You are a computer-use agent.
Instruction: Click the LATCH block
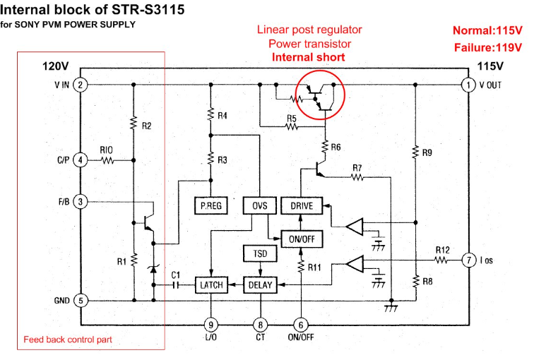pyautogui.click(x=211, y=285)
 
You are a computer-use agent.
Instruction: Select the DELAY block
pyautogui.click(x=261, y=285)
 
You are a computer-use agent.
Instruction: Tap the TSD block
pyautogui.click(x=261, y=253)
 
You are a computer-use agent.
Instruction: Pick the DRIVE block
pyautogui.click(x=302, y=205)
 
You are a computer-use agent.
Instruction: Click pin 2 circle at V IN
pyautogui.click(x=81, y=85)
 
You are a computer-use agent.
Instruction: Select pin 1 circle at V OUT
pyautogui.click(x=468, y=85)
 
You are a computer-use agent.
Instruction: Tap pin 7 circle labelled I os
pyautogui.click(x=468, y=259)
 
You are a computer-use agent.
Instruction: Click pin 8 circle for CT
pyautogui.click(x=261, y=325)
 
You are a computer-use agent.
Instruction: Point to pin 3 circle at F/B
pyautogui.click(x=81, y=202)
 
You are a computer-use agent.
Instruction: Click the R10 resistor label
pyautogui.click(x=107, y=150)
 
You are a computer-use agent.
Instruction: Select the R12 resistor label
pyautogui.click(x=442, y=250)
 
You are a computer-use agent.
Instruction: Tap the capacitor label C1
pyautogui.click(x=177, y=274)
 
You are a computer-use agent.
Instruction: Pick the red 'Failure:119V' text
pyautogui.click(x=487, y=48)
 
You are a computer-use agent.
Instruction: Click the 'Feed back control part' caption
pyautogui.click(x=68, y=340)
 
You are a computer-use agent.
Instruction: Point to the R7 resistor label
pyautogui.click(x=357, y=168)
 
